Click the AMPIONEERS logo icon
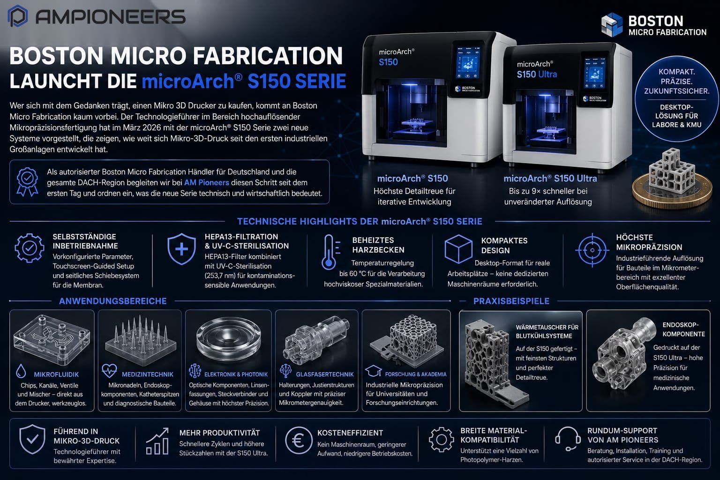point(18,16)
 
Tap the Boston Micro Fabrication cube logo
point(612,25)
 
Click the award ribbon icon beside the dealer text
point(27,182)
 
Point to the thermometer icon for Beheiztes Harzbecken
point(330,252)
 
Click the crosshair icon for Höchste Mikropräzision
point(592,250)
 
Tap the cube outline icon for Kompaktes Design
point(458,249)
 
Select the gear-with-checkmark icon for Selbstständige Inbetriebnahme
point(29,248)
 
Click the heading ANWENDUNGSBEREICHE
point(113,301)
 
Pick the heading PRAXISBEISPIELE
point(511,301)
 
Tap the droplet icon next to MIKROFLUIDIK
point(21,371)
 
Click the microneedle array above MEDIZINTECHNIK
point(141,340)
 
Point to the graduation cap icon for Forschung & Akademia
point(373,371)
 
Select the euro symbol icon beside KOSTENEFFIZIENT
point(299,441)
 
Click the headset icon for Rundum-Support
point(568,439)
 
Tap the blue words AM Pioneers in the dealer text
point(206,183)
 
